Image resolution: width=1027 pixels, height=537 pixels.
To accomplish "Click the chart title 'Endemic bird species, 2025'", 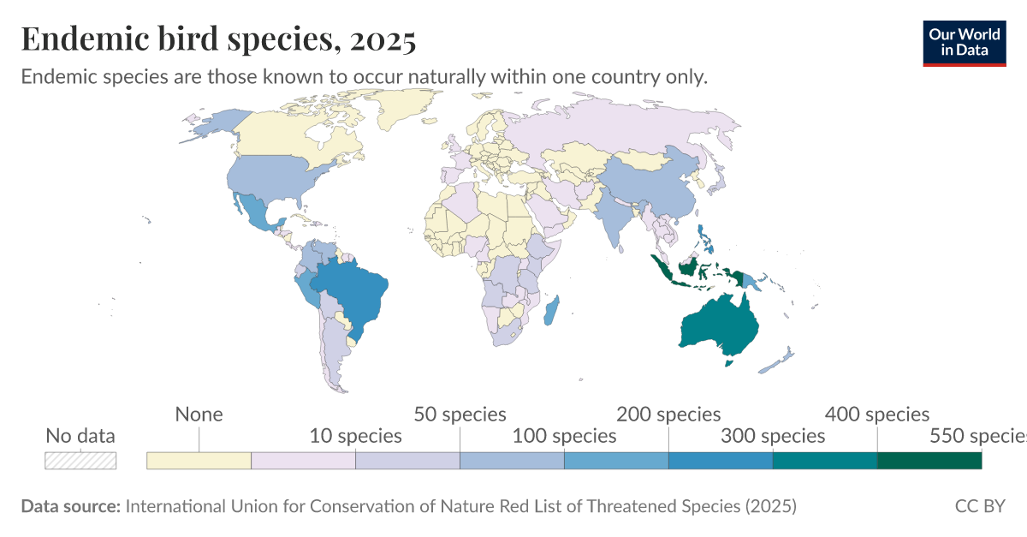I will point(218,39).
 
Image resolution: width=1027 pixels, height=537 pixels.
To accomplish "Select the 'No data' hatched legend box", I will point(80,461).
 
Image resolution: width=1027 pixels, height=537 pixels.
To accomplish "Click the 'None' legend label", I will point(199,415).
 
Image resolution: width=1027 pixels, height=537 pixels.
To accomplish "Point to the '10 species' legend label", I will point(355,436).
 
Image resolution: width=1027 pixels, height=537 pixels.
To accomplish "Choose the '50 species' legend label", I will point(460,415).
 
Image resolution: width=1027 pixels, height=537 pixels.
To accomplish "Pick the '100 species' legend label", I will point(564,436).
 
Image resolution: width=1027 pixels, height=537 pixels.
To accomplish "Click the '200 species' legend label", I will point(668,415).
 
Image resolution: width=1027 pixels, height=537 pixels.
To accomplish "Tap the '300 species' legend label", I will point(773,436).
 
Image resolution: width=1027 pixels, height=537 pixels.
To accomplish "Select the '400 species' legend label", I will point(877,415).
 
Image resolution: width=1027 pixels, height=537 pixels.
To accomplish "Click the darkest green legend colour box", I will point(929,461).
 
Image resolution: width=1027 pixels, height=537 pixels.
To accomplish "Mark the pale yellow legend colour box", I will point(199,461).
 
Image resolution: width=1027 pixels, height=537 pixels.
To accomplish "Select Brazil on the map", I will point(351,291).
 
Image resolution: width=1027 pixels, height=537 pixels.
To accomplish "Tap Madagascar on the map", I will point(551,310).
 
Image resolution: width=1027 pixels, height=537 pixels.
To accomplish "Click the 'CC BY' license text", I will point(980,506).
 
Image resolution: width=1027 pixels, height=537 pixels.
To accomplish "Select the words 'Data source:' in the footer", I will point(71,506).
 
